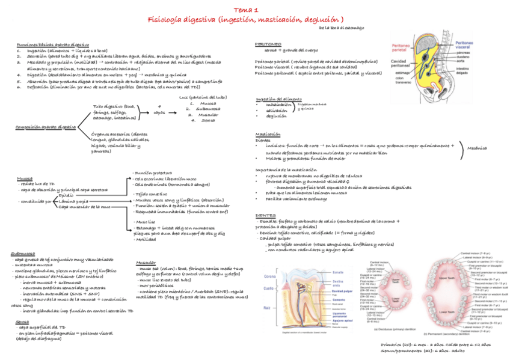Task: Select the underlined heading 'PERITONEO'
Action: coord(268,44)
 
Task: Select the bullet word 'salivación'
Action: coord(277,110)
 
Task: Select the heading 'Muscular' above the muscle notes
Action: coord(146,263)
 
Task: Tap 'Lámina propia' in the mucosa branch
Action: coord(74,201)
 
